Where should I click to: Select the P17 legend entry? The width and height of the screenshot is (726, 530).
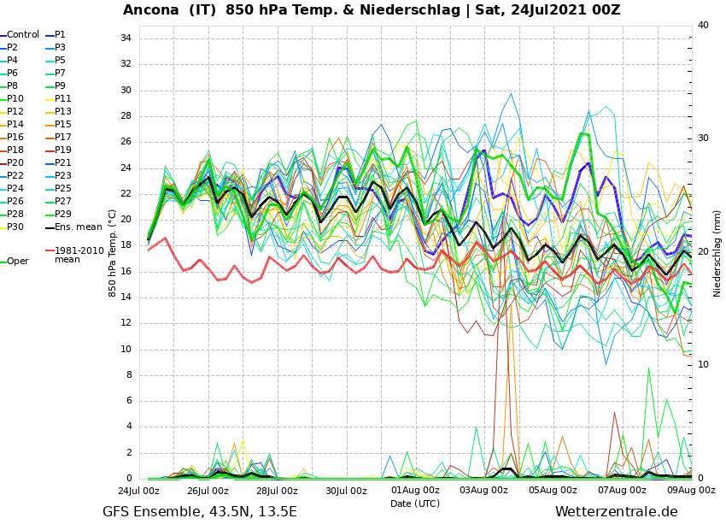(x=63, y=138)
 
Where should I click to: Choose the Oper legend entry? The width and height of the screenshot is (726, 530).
(x=17, y=262)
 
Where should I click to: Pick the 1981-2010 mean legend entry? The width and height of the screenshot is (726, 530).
(x=79, y=255)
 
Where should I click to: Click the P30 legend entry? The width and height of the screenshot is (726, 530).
(x=15, y=227)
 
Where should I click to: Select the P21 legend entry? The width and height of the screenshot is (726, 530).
(x=63, y=163)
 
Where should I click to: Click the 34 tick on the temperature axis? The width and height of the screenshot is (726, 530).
(x=126, y=38)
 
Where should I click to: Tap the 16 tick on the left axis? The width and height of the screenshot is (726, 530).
(x=126, y=272)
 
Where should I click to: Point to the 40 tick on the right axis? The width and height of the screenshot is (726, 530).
(x=703, y=26)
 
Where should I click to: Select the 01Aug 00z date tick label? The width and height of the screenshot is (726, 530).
(x=414, y=491)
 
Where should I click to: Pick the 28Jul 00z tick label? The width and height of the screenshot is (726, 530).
(x=277, y=491)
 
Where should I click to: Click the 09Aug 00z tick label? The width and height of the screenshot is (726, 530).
(x=690, y=491)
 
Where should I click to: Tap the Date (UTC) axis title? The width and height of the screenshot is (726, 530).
(x=415, y=503)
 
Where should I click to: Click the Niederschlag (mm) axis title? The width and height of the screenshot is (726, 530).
(x=717, y=253)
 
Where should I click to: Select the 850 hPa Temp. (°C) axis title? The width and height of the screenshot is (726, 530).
(x=113, y=253)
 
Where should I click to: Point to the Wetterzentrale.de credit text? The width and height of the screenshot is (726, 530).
(x=616, y=512)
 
